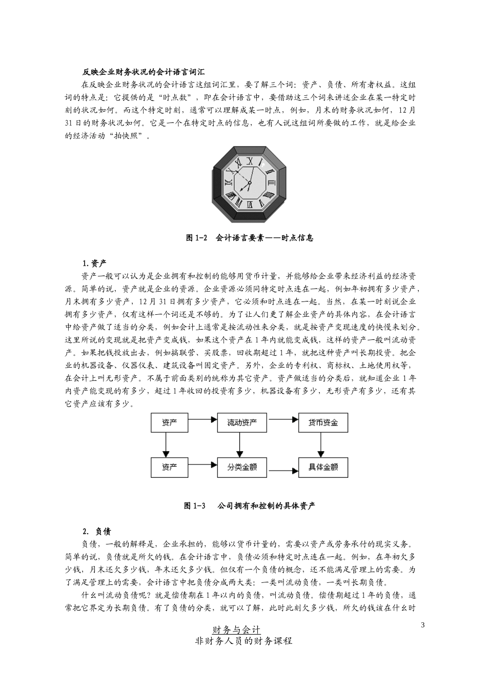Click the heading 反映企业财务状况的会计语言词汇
(146, 72)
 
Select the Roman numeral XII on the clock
(250, 161)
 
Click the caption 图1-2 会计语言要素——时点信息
(250, 238)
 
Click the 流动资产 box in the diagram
(242, 423)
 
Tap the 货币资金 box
(323, 423)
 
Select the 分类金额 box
(242, 467)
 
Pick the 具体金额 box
(323, 467)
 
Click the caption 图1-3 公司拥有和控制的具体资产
(250, 506)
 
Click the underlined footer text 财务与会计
(236, 630)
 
